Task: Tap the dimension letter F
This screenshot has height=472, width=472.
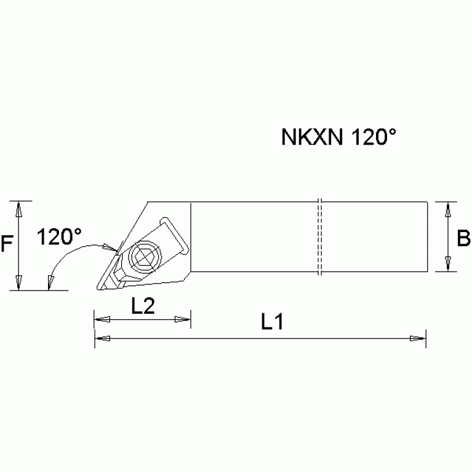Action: coord(7,245)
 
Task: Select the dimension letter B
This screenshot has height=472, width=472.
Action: coord(464,238)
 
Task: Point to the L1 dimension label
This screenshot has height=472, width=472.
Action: coord(271,322)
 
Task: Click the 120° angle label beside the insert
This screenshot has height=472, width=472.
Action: coord(58,236)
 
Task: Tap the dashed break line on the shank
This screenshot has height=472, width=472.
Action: coord(320,236)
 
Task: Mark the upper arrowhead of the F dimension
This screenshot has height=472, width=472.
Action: coord(20,209)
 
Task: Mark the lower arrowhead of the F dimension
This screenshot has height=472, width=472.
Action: coord(20,282)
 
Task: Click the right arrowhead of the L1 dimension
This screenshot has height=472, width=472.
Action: coord(418,338)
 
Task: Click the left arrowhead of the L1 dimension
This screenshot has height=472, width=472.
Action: coord(102,338)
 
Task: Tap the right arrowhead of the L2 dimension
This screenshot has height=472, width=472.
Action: coord(182,319)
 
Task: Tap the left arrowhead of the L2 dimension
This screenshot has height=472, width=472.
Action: coord(102,319)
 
